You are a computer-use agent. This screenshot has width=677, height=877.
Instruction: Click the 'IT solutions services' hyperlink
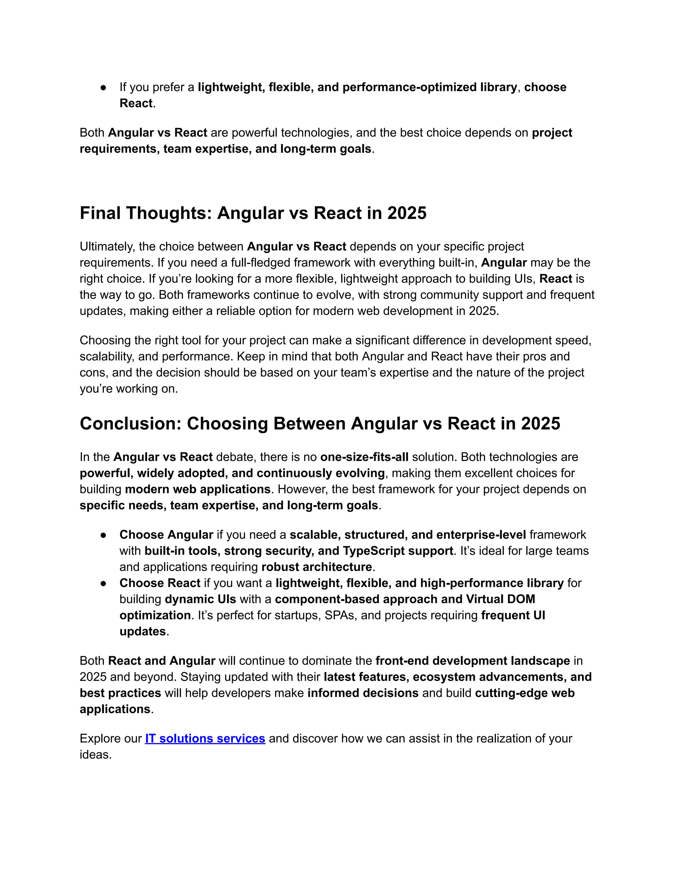pos(205,738)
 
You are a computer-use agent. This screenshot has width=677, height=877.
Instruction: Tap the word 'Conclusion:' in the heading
pos(131,424)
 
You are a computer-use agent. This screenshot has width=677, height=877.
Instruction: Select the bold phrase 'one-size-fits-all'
pos(364,457)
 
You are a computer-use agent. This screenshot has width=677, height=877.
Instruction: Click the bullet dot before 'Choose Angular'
pos(103,535)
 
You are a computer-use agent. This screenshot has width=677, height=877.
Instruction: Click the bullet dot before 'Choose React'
pos(103,583)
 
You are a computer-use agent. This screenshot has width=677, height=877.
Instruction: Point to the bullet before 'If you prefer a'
pos(103,88)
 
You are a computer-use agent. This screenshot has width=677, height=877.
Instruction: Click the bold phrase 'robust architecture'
pos(317,567)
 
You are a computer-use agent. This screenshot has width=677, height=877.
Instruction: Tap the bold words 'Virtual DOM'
pos(500,599)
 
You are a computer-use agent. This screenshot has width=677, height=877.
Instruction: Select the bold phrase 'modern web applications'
pos(198,489)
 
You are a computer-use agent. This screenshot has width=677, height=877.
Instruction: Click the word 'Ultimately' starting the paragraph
pos(105,247)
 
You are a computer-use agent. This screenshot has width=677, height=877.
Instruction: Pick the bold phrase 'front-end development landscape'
pos(472,661)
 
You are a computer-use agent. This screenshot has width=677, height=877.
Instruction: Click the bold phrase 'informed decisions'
pos(363,693)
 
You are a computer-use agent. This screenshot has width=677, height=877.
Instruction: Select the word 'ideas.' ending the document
pos(96,755)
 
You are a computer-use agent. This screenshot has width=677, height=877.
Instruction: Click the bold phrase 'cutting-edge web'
pos(525,693)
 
